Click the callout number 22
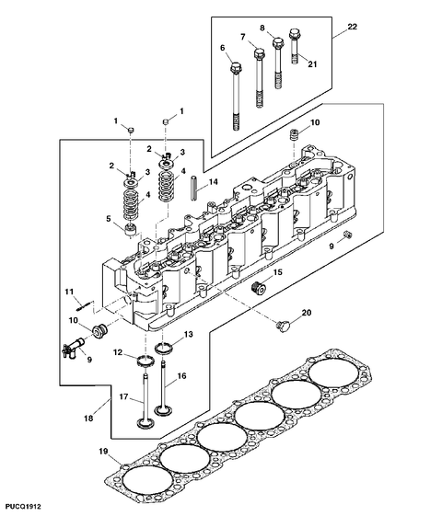point(352,27)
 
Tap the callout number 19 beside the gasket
point(103,452)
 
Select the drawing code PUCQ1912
point(23,507)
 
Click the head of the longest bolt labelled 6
point(236,68)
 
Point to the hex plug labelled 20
point(283,326)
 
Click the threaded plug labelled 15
point(259,288)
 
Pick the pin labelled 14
point(194,188)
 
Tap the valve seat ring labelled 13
point(163,349)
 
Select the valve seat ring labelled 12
point(145,361)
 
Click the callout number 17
point(123,396)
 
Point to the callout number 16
point(181,375)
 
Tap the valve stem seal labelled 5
point(131,229)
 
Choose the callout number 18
point(88,419)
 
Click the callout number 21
point(312,63)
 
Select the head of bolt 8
point(278,42)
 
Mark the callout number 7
point(243,37)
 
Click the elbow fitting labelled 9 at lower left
point(72,350)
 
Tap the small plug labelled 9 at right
point(348,235)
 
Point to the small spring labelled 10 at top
point(294,134)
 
